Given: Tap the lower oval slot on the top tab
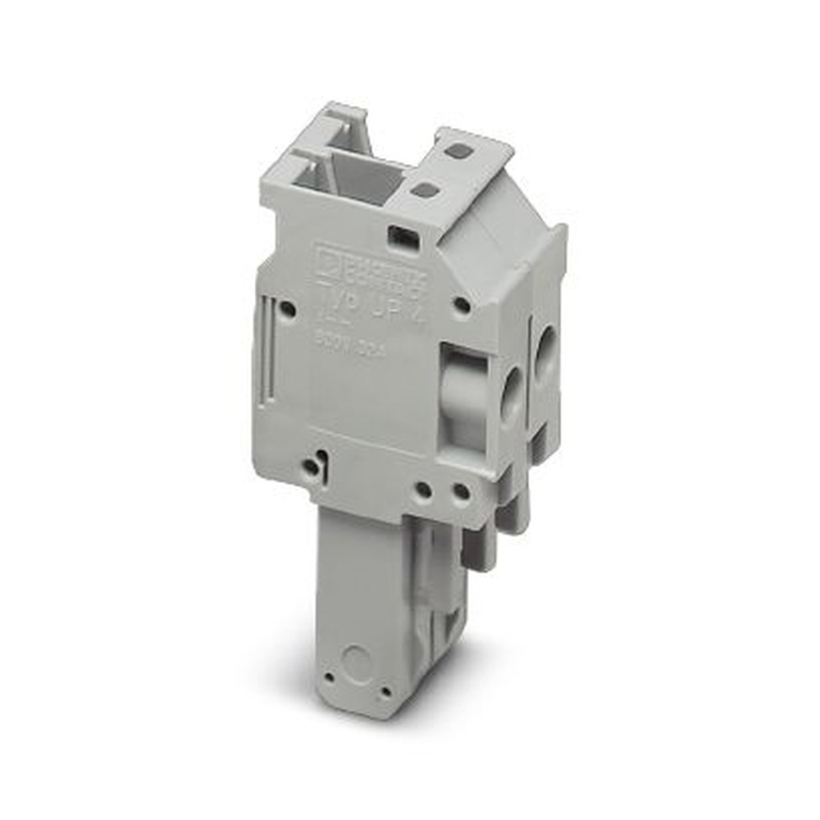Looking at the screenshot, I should pos(424,190).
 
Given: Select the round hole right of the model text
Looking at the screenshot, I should pos(462,307).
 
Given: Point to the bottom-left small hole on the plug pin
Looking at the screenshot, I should pos(329,678).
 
